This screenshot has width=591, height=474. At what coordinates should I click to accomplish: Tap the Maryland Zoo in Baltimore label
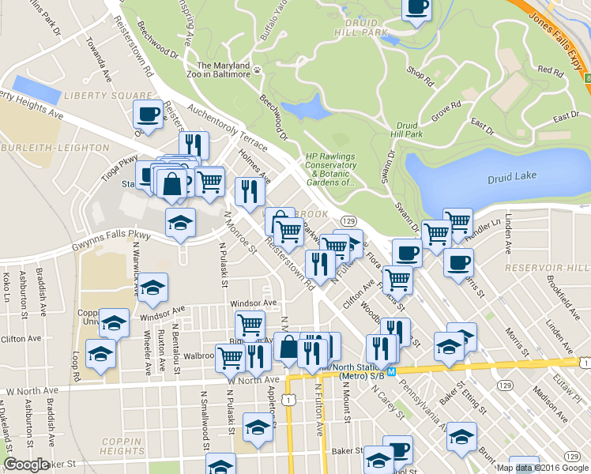(224, 70)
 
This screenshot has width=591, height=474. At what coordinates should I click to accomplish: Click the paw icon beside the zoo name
(257, 70)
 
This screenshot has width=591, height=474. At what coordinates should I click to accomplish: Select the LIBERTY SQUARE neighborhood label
(96, 95)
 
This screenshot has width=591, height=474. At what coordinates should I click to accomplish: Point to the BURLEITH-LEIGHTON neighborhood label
(55, 147)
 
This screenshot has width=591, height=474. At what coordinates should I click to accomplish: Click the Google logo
(26, 465)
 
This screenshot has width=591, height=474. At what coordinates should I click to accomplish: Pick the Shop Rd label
(420, 77)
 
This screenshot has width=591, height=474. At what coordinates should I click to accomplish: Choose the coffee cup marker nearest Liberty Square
(148, 115)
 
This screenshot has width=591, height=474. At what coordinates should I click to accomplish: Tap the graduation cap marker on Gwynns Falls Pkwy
(180, 224)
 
